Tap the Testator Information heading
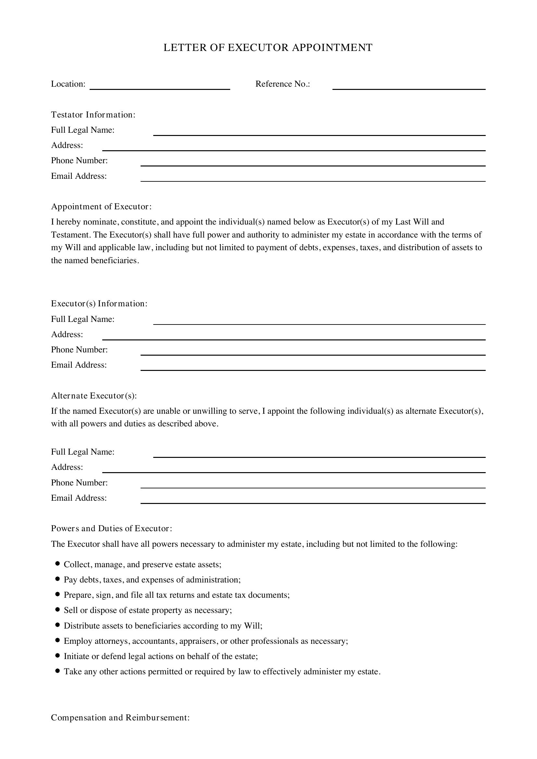pos(93,115)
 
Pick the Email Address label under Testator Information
pos(79,176)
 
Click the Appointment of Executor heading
pos(101,207)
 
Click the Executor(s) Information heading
pos(99,303)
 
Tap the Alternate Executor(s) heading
pos(94,396)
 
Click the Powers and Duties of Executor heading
pos(111,528)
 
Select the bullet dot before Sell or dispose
pos(58,609)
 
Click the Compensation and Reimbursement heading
pos(120,718)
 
